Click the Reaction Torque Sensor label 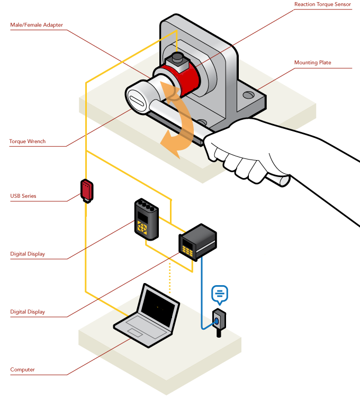(322, 5)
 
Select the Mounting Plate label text (312, 63)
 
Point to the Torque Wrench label (28, 142)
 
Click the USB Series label (23, 196)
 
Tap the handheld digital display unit (146, 218)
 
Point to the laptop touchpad (135, 332)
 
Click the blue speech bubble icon (219, 293)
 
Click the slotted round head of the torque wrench (137, 99)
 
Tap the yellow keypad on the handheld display (142, 226)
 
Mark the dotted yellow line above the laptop (169, 278)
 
